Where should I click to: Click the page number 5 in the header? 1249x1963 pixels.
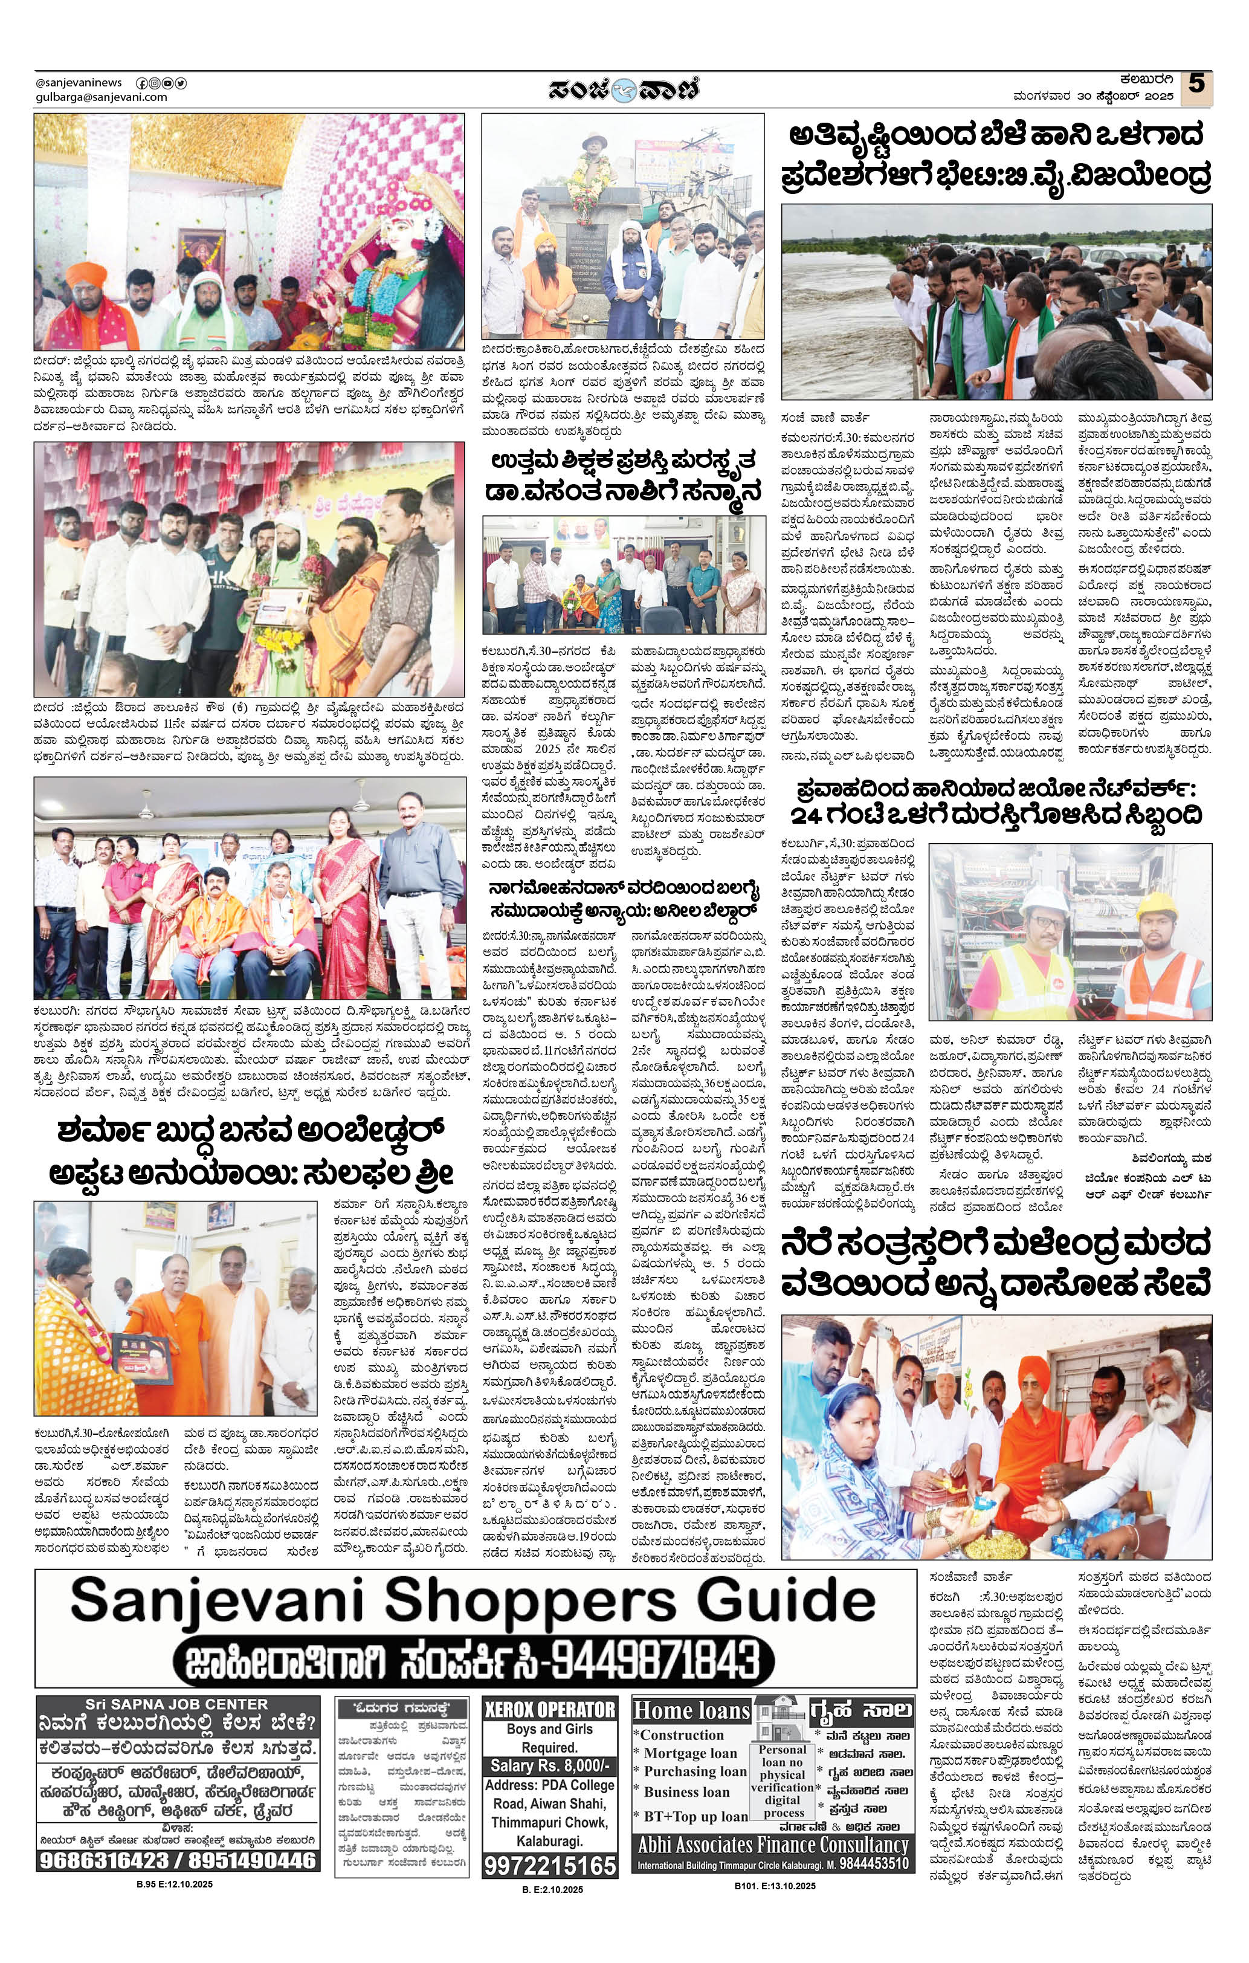[1195, 84]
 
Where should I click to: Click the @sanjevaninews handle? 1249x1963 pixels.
[79, 82]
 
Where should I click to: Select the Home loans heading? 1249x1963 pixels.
[691, 1710]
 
